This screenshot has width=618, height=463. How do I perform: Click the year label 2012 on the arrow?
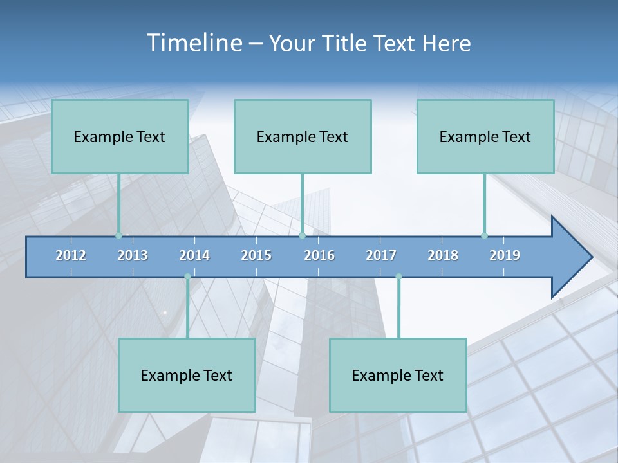tap(71, 255)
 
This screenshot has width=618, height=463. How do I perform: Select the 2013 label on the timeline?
tap(133, 255)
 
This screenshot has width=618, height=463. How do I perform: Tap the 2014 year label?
tap(194, 255)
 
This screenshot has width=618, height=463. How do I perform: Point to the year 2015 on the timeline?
tap(256, 255)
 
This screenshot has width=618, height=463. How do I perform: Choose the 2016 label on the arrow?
tap(319, 255)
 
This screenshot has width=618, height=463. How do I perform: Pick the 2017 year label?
tap(381, 255)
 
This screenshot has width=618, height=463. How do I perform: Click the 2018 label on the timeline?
tap(443, 255)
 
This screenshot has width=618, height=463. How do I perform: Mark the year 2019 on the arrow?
tap(505, 255)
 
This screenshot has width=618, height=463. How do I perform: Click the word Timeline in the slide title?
tap(194, 43)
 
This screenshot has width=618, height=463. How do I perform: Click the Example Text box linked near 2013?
tap(120, 136)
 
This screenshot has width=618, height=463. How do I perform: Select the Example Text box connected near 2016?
tap(303, 136)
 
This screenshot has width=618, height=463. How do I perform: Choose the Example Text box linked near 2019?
tap(485, 136)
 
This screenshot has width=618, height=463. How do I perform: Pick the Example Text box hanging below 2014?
tap(187, 375)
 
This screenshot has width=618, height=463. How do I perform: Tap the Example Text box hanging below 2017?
tap(398, 375)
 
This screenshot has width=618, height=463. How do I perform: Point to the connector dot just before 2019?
tap(484, 235)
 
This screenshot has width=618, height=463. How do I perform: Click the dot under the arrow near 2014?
tap(187, 277)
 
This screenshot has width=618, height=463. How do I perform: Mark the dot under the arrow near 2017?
tap(398, 277)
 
